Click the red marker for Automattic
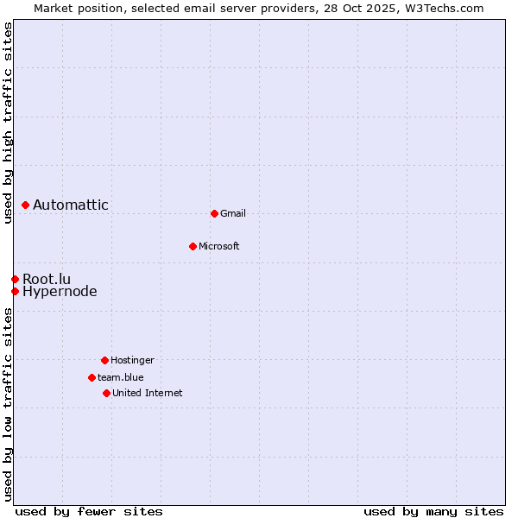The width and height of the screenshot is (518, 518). pos(26,205)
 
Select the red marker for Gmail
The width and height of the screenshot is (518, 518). pos(214,213)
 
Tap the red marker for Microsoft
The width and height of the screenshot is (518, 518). pos(193,246)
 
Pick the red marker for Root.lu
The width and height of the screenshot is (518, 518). pos(15,279)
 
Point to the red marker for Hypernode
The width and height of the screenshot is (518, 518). pos(15,291)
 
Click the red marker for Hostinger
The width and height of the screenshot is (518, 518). pos(104,360)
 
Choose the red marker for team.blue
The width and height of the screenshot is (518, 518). pos(92,377)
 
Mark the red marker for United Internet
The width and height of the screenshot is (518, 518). pos(106,393)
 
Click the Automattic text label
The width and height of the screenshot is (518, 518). pos(71,205)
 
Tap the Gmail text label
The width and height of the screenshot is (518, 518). pos(233,213)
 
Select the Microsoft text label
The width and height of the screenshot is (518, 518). pos(219,246)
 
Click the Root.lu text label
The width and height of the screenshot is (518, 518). pos(47,279)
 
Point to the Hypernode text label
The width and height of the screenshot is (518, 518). pos(60,292)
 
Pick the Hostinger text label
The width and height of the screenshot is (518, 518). pos(132,360)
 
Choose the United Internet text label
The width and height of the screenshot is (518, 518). pos(148,393)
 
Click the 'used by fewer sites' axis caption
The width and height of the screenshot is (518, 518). pos(89,511)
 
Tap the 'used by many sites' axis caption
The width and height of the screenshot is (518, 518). pos(433,511)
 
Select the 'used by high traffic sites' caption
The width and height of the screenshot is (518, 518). pos(8,123)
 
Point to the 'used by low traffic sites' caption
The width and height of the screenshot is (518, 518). pos(8,404)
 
